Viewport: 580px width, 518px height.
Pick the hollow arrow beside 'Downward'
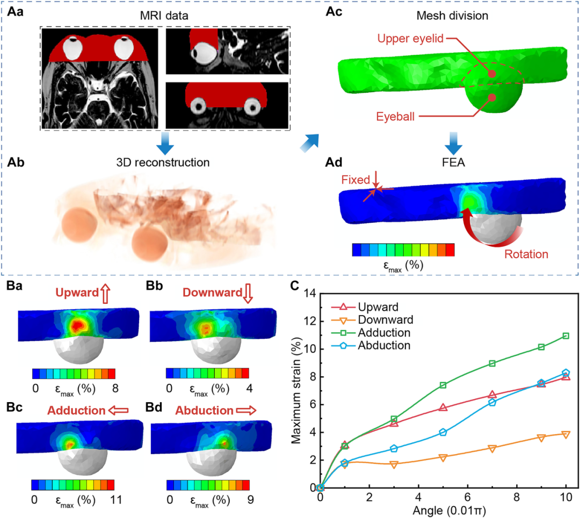click(248, 294)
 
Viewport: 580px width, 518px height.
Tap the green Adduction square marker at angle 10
click(565, 336)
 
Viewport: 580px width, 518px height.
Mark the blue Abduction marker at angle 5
click(443, 432)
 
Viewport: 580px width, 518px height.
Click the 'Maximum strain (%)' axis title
click(296, 390)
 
